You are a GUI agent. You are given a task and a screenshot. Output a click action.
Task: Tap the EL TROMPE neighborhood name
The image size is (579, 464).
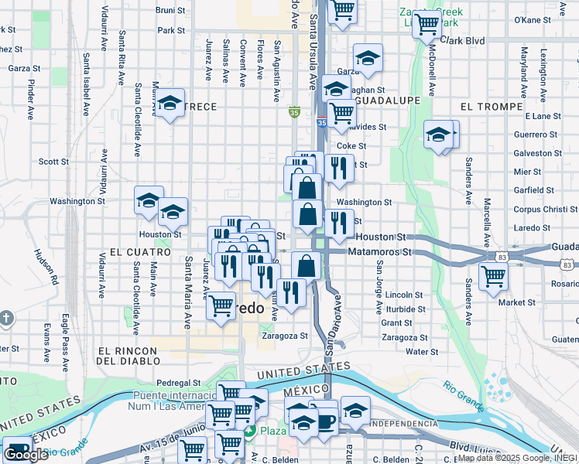(489, 104)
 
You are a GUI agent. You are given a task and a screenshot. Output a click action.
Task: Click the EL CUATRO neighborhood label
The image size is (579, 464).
(140, 252)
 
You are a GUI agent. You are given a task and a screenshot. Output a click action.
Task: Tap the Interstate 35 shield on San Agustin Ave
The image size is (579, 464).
(294, 113)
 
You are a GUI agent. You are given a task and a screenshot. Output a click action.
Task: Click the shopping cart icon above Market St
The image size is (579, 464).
(493, 275)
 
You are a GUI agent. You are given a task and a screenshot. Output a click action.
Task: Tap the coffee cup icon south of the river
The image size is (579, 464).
(325, 421)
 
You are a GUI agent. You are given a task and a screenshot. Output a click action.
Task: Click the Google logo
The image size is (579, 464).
(26, 455)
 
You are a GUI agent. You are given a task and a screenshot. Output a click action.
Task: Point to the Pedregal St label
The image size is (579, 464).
(178, 382)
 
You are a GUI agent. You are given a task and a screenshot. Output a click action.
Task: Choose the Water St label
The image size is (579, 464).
(422, 352)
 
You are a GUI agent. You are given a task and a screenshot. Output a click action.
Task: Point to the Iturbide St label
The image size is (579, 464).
(406, 309)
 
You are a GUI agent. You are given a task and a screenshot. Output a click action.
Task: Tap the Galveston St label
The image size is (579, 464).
(537, 153)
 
